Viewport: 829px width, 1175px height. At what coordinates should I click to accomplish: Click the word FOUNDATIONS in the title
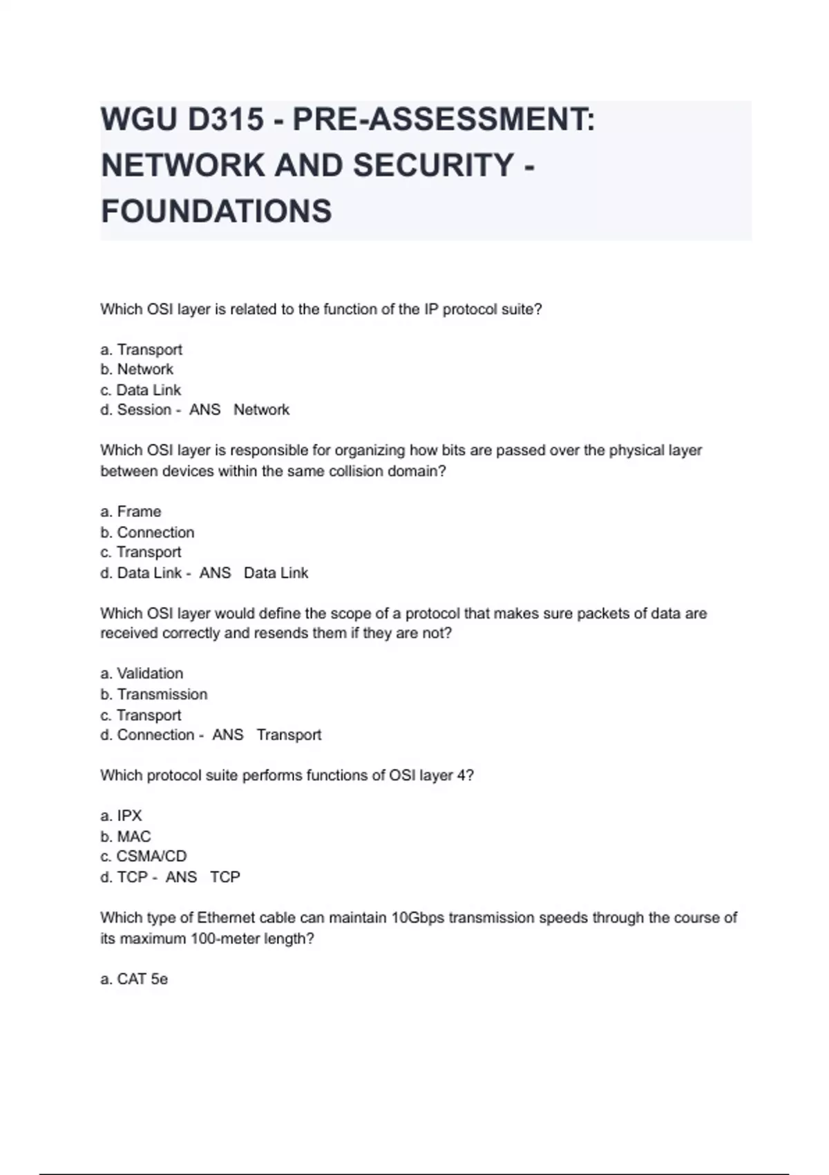[216, 211]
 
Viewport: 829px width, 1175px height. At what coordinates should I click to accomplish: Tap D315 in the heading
[225, 120]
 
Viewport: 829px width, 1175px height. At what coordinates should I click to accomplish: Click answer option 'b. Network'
[137, 369]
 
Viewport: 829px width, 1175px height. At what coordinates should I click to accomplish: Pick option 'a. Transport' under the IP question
[141, 350]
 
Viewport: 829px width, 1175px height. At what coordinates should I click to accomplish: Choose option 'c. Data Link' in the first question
[140, 390]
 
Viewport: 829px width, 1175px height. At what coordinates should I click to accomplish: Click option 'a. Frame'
[131, 511]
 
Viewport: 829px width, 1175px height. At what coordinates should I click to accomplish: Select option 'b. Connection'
[147, 532]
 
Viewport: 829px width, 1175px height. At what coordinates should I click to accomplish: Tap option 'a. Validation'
[142, 673]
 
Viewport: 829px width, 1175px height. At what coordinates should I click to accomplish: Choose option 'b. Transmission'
[153, 694]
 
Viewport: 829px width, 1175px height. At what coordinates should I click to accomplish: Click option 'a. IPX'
[121, 816]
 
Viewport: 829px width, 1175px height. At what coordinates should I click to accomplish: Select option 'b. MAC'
[125, 836]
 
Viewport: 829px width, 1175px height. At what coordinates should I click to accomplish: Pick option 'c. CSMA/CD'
[143, 856]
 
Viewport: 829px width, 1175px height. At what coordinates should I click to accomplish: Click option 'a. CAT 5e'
[134, 979]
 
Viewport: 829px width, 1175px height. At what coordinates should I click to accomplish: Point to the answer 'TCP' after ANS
[225, 877]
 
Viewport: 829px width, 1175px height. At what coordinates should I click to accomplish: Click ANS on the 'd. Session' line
[204, 410]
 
